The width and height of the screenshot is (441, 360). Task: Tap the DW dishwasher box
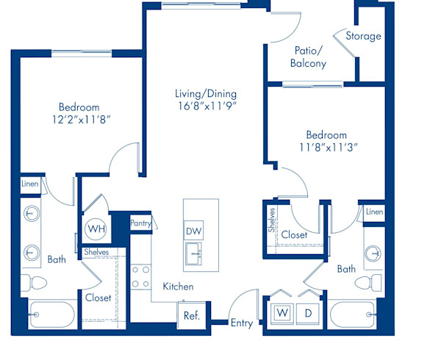[x=194, y=231]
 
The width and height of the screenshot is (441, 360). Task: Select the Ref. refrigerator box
[x=192, y=316]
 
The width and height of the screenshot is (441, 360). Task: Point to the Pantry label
[x=140, y=222]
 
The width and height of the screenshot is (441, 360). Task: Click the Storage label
[x=364, y=36]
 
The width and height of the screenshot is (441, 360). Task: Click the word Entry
[x=241, y=323]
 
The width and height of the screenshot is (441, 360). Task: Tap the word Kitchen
[x=178, y=287]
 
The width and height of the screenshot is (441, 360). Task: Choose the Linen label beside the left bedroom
[x=29, y=184]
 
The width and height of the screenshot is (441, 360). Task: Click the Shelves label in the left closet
[x=96, y=252]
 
